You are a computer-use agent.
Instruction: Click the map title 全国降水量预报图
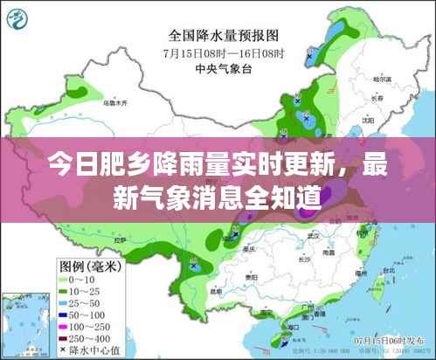pyautogui.click(x=223, y=36)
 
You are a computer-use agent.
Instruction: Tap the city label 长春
pyautogui.click(x=376, y=99)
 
